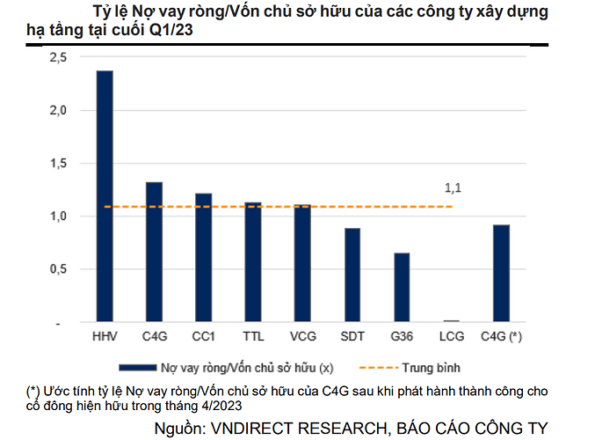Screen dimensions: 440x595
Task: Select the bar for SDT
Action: [352, 275]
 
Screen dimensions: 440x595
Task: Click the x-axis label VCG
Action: [302, 336]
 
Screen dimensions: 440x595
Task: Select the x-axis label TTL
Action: [253, 336]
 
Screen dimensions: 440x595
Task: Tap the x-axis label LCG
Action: [451, 336]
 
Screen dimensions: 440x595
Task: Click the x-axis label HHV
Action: [104, 336]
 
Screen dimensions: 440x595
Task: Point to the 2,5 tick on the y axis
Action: [59, 57]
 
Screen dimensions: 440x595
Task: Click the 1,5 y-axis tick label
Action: [59, 164]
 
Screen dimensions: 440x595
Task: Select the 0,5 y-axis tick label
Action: [59, 269]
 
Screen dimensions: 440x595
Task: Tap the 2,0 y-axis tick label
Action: [59, 111]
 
